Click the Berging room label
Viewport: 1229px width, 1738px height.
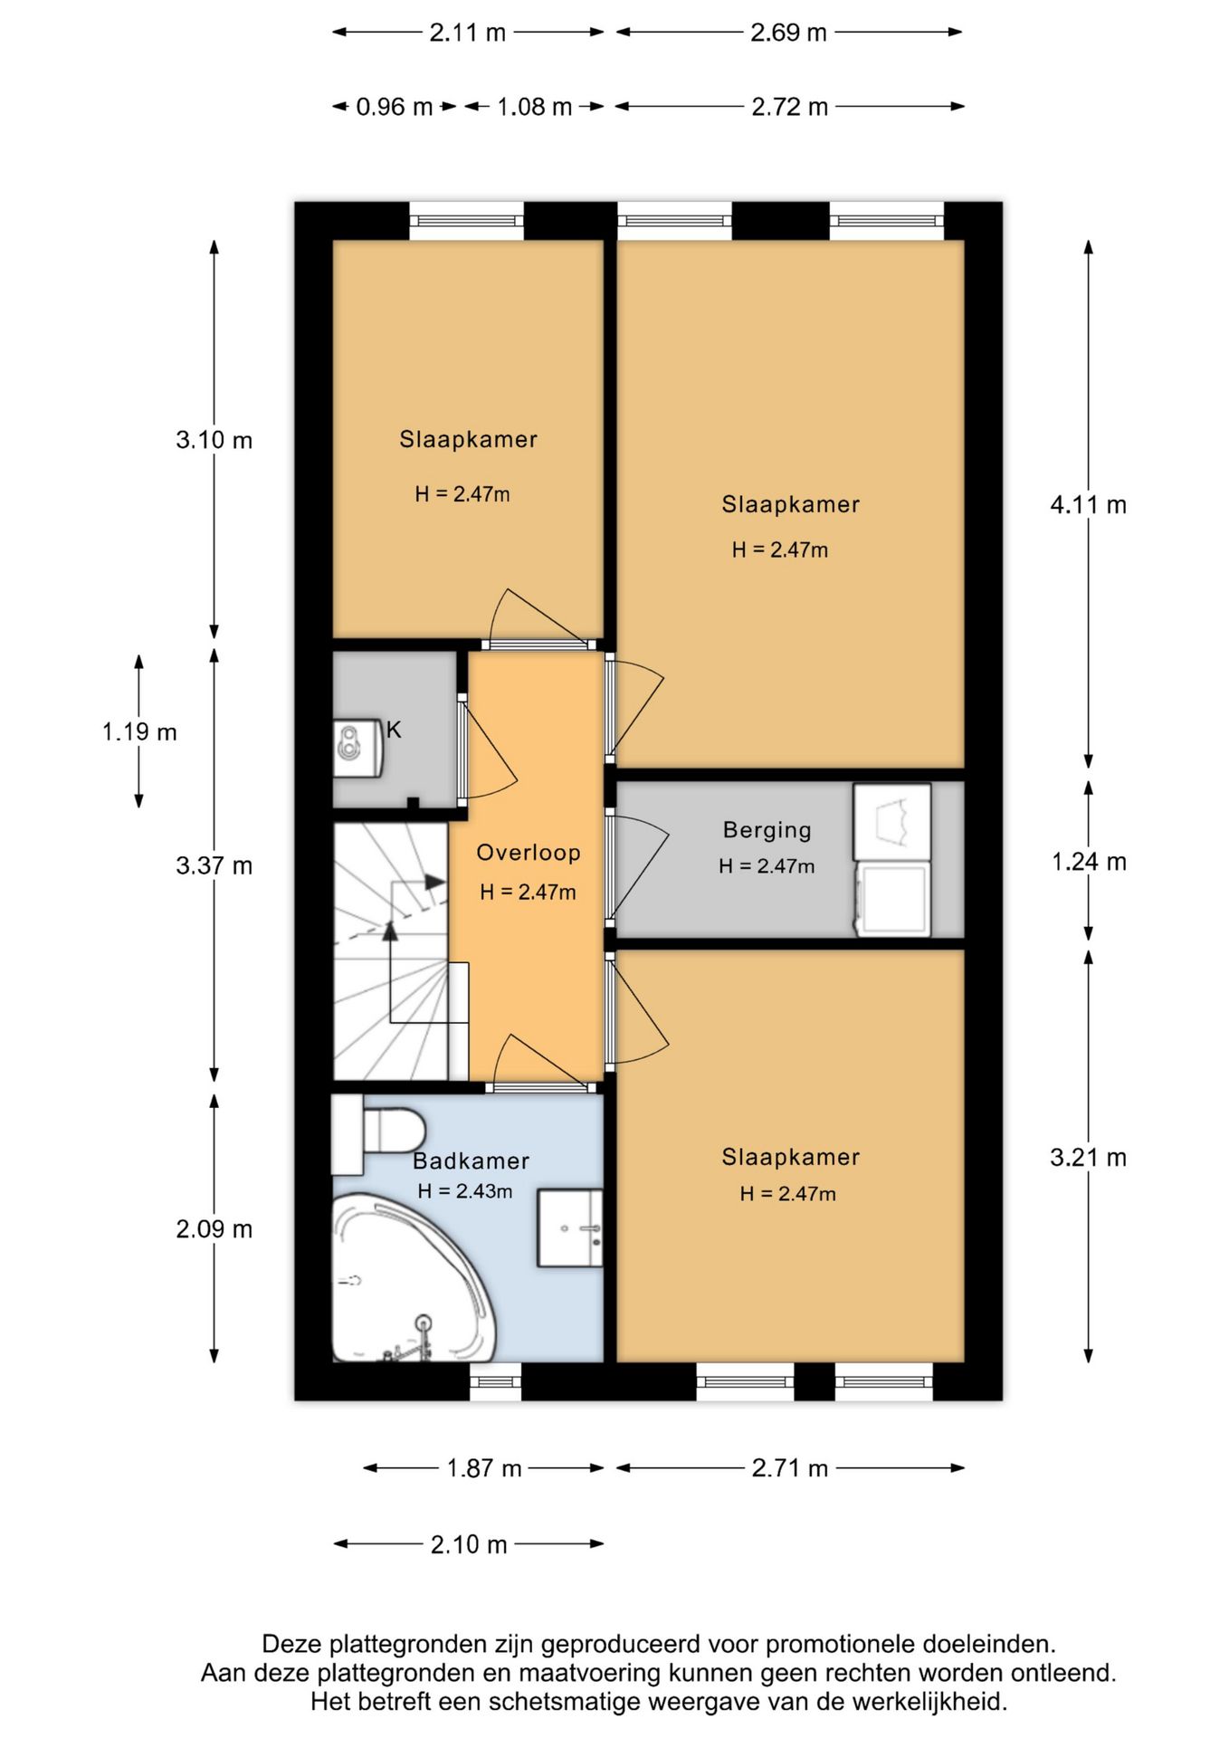pyautogui.click(x=767, y=830)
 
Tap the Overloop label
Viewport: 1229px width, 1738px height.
pyautogui.click(x=528, y=853)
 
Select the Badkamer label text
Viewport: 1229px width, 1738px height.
pyautogui.click(x=471, y=1161)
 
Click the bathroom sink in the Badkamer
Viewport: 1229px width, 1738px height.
pyautogui.click(x=570, y=1228)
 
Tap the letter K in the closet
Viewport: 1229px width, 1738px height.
pyautogui.click(x=394, y=730)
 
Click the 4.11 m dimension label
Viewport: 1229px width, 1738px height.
pyautogui.click(x=1088, y=505)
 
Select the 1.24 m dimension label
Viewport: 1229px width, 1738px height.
pyautogui.click(x=1089, y=862)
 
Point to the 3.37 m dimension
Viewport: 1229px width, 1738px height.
pyautogui.click(x=214, y=866)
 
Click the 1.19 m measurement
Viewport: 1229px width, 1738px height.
pyautogui.click(x=139, y=731)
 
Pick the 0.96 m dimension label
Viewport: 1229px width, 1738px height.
pyautogui.click(x=394, y=107)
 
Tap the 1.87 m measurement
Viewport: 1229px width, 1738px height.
pyautogui.click(x=484, y=1467)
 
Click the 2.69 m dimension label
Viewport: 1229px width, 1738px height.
pyautogui.click(x=788, y=33)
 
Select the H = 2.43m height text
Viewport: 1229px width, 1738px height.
pyautogui.click(x=465, y=1191)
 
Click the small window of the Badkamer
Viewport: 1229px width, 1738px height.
pyautogui.click(x=496, y=1381)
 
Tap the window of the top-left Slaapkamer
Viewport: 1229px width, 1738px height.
pyautogui.click(x=467, y=221)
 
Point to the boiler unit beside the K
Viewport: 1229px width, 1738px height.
pyautogui.click(x=357, y=748)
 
